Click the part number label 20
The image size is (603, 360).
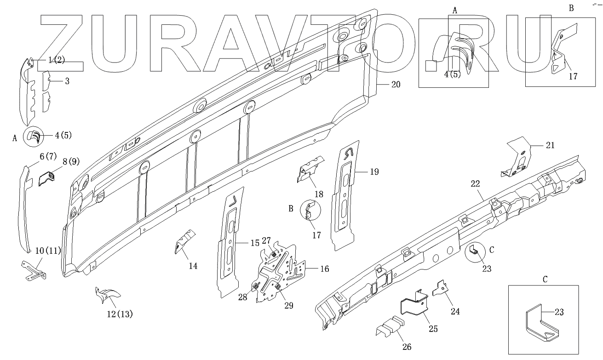click(396, 85)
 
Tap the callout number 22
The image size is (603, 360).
click(475, 184)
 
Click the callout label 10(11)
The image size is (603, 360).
click(48, 251)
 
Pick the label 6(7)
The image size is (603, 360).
click(48, 156)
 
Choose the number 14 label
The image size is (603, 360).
click(193, 265)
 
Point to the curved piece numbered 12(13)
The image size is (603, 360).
click(106, 295)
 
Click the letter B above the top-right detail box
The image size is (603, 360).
click(571, 8)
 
